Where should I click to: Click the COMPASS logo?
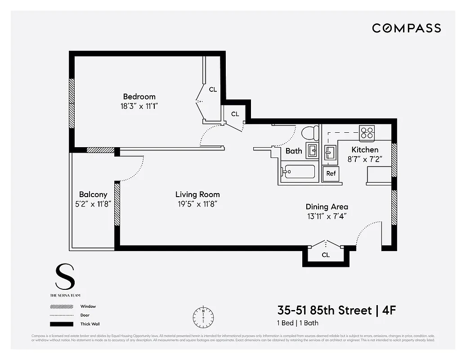point(406,28)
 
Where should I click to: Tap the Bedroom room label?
point(139,96)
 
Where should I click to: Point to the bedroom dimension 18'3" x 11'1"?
point(139,106)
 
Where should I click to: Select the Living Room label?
point(197,194)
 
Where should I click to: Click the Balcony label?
point(93,194)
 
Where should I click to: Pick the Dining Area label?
point(327,207)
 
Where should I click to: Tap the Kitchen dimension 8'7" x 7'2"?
point(365,159)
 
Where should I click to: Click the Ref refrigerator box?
point(331,174)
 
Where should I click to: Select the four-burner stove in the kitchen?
point(367,132)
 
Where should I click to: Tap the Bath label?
point(294,151)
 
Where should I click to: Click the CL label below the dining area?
point(326,255)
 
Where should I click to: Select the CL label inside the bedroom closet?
point(213,90)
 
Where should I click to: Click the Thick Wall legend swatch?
point(62,324)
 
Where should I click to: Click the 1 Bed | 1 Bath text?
point(298,323)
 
